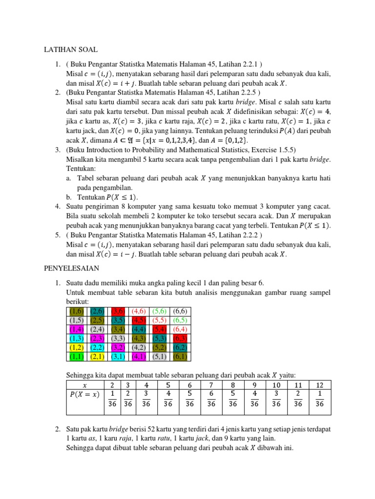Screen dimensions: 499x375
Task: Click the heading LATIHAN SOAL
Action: [71, 50]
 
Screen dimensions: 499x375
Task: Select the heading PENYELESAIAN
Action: [72, 269]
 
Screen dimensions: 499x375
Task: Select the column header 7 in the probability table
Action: [211, 385]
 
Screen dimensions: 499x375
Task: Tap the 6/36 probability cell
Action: [211, 398]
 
